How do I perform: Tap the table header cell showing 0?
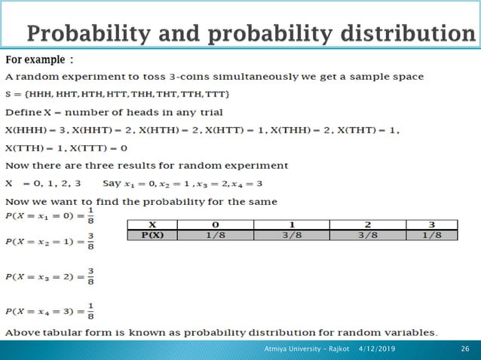coord(215,224)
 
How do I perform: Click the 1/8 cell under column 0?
coord(215,234)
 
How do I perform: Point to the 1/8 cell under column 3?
coord(430,234)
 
